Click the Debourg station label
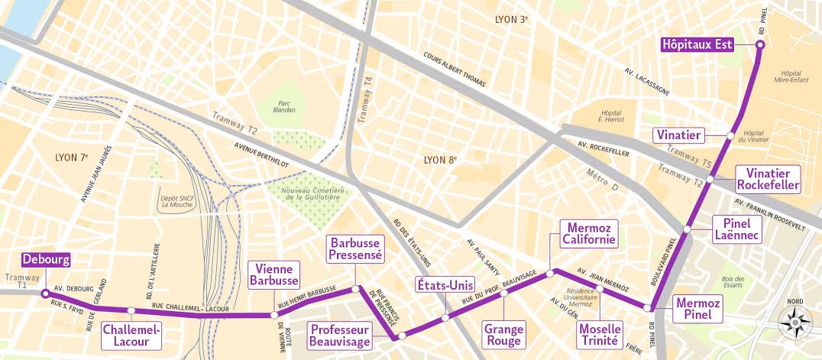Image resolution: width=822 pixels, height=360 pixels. point(46,260)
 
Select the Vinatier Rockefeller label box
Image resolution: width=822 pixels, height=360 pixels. point(768,179)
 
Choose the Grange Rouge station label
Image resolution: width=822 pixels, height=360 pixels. point(503,335)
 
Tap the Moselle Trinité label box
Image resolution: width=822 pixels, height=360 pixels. point(600,335)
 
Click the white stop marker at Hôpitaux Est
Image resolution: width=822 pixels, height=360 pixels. point(759,45)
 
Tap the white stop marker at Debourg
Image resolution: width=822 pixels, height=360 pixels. point(45,293)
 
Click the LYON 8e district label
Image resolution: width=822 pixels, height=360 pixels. point(440,160)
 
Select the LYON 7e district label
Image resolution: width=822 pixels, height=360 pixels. point(73,157)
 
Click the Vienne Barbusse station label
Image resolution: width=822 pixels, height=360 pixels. point(273,274)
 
